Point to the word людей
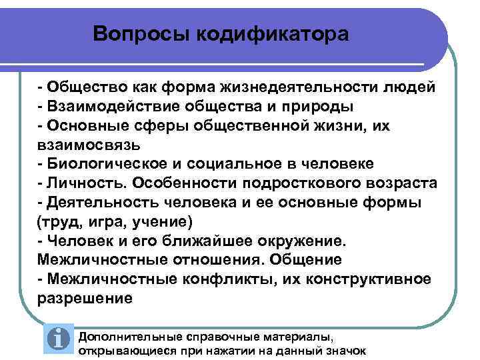point(410,87)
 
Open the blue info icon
point(60,339)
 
